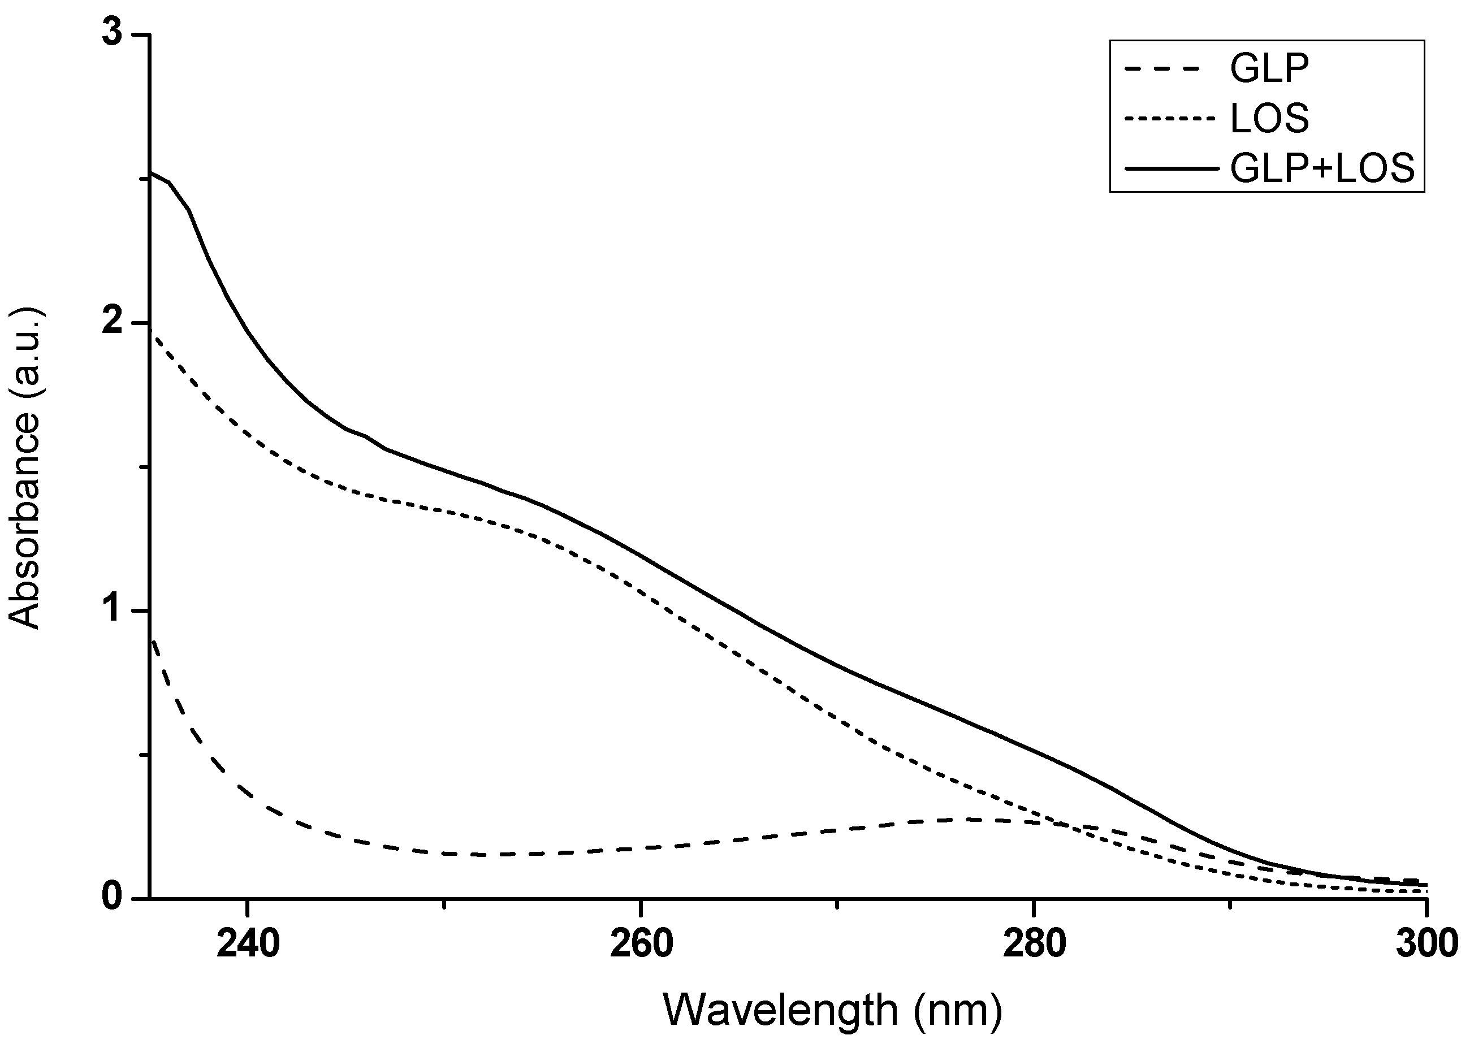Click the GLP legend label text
(1269, 69)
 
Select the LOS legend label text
(1269, 119)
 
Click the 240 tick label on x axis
(248, 944)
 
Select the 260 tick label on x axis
(641, 944)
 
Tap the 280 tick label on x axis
(1034, 944)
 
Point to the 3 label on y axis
(113, 35)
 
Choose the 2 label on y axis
(113, 323)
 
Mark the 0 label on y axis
(113, 898)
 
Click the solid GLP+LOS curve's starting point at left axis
(151, 172)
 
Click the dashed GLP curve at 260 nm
(641, 848)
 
